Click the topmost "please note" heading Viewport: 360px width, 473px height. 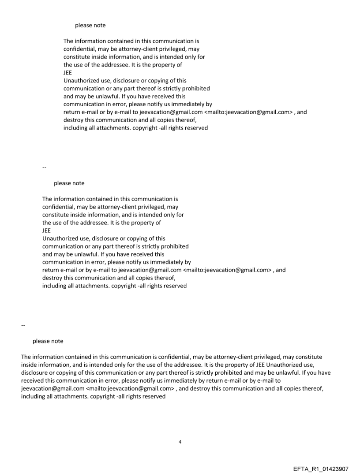point(90,26)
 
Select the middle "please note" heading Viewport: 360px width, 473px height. point(69,183)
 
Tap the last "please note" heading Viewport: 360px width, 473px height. point(48,341)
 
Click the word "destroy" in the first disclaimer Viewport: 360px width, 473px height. point(74,120)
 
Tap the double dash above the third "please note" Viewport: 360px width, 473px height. point(23,325)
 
